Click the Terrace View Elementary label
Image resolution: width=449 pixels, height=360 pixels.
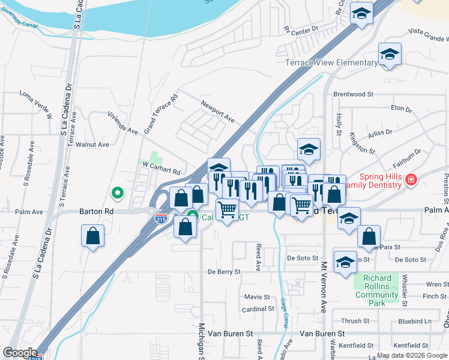click(331, 63)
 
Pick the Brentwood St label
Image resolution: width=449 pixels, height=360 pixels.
click(353, 94)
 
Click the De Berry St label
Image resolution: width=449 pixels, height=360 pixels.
click(224, 272)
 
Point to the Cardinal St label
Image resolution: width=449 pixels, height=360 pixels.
click(258, 309)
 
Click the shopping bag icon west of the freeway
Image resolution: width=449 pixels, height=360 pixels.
click(93, 236)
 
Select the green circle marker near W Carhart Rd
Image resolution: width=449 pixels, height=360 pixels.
click(118, 193)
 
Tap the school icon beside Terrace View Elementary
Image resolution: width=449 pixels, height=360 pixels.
click(390, 55)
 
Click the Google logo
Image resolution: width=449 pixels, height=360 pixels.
click(20, 352)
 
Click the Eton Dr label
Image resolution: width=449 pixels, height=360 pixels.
click(401, 109)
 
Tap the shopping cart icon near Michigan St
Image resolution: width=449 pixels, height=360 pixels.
click(227, 210)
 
